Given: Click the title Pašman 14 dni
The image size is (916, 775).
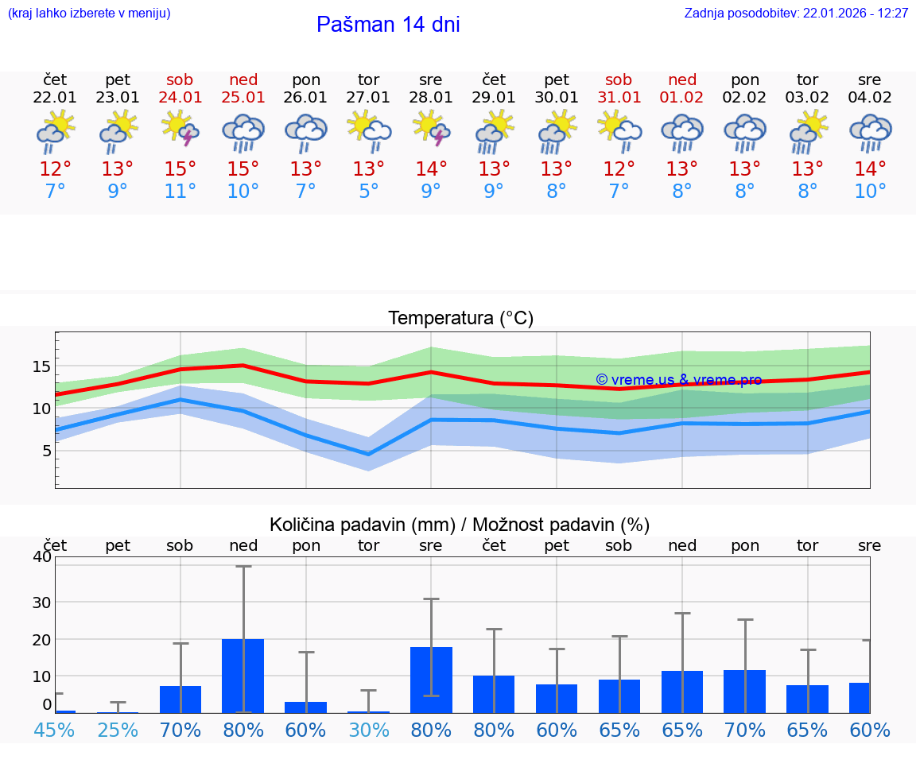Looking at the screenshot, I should pyautogui.click(x=388, y=25).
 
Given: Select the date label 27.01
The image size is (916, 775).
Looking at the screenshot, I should pyautogui.click(x=368, y=98).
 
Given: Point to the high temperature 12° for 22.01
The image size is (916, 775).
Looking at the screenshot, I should pyautogui.click(x=55, y=169).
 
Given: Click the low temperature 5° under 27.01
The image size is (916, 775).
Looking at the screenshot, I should pyautogui.click(x=368, y=192).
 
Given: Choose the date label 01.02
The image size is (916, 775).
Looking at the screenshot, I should pyautogui.click(x=681, y=98).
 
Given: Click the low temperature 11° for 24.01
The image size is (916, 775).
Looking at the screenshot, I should pyautogui.click(x=180, y=192).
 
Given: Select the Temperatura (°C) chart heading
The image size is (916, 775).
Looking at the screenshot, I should pyautogui.click(x=460, y=319).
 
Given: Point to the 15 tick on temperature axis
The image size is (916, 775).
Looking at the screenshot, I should pyautogui.click(x=41, y=366).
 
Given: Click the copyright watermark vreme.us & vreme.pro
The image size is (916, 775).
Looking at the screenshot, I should pyautogui.click(x=678, y=380).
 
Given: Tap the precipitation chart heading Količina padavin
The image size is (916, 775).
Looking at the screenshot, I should pyautogui.click(x=460, y=525).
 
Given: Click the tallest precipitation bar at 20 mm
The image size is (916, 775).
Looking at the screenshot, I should pyautogui.click(x=243, y=676).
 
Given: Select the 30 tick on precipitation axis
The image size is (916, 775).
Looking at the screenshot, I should pyautogui.click(x=41, y=602).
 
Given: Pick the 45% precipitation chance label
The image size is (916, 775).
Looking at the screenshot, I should pyautogui.click(x=55, y=730).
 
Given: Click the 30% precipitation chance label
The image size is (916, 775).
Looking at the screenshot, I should pyautogui.click(x=368, y=730).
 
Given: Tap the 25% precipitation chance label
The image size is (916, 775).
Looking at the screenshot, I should pyautogui.click(x=118, y=730).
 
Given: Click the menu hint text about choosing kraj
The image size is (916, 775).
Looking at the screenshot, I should pyautogui.click(x=89, y=14).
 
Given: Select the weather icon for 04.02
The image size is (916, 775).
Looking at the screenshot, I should pyautogui.click(x=870, y=132).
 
